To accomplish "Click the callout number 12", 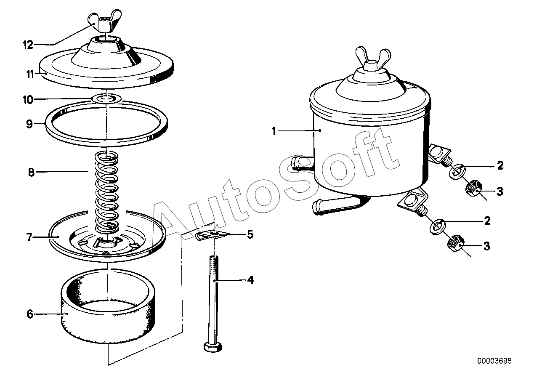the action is (28, 45).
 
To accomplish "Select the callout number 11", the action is (30, 74).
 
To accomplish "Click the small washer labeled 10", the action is (106, 98).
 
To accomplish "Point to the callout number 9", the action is (29, 124).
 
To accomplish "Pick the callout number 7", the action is (29, 237).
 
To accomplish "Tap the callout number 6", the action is (29, 314).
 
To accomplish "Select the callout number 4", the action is (250, 280).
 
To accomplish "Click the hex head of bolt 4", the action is (213, 347).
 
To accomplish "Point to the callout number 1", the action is (274, 131).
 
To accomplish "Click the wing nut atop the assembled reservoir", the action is (373, 58).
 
